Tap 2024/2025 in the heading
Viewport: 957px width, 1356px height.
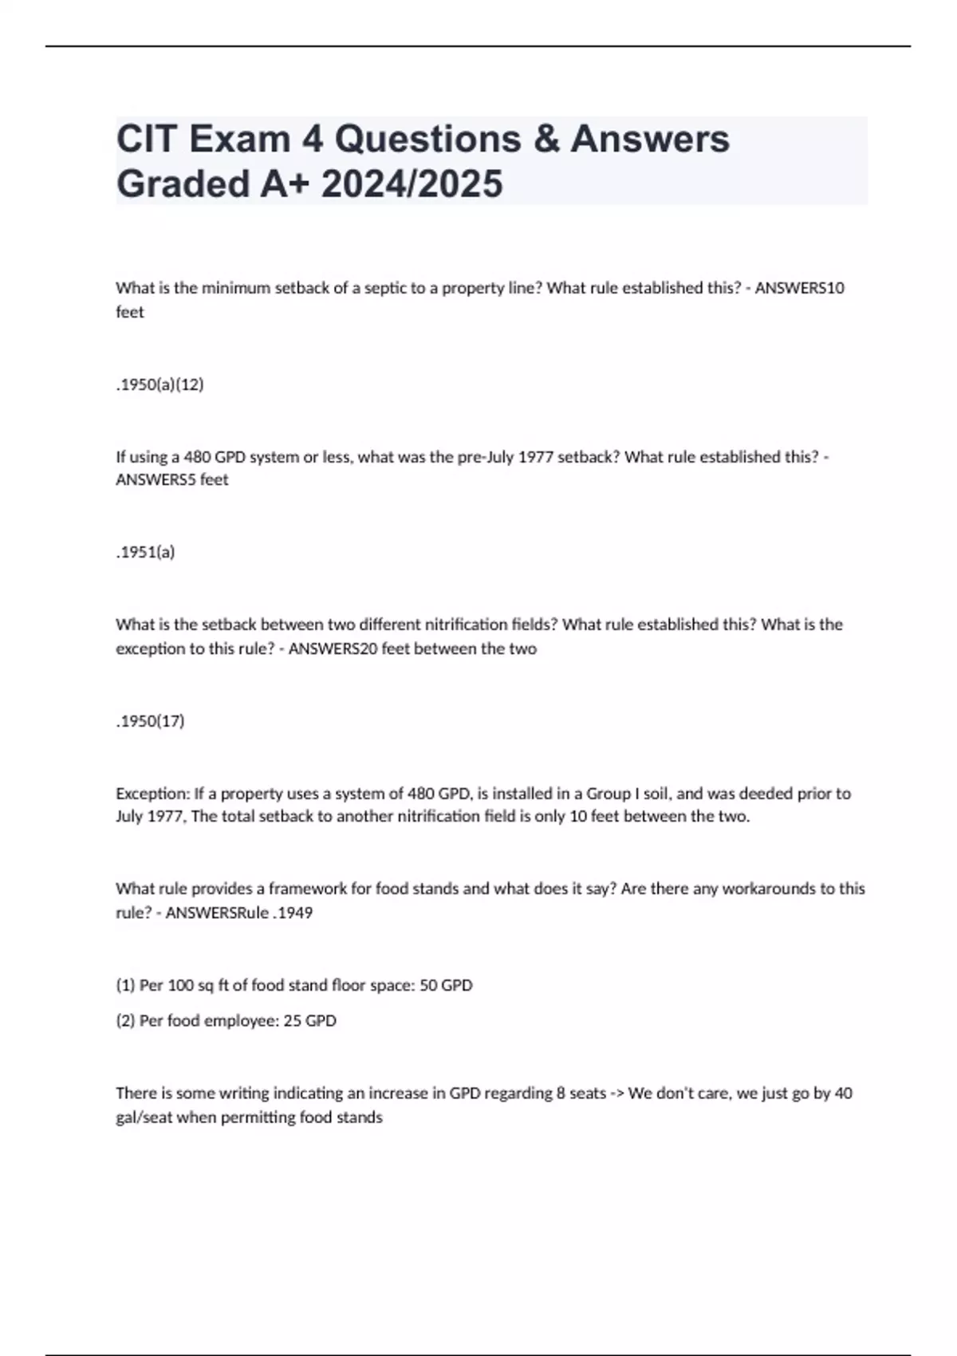(412, 183)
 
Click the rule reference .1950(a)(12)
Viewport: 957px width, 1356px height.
(159, 384)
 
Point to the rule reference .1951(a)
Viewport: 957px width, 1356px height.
(145, 552)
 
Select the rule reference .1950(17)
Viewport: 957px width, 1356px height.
(150, 721)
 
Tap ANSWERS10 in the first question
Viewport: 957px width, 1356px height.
(799, 288)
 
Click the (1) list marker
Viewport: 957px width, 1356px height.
(125, 985)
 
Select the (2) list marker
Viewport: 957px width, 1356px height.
(125, 1020)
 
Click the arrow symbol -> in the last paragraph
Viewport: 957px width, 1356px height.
(617, 1093)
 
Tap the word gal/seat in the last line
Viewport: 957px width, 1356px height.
(144, 1118)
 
